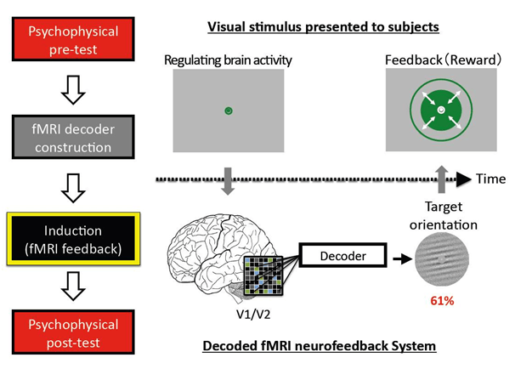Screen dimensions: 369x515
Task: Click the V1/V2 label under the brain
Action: tap(252, 311)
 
